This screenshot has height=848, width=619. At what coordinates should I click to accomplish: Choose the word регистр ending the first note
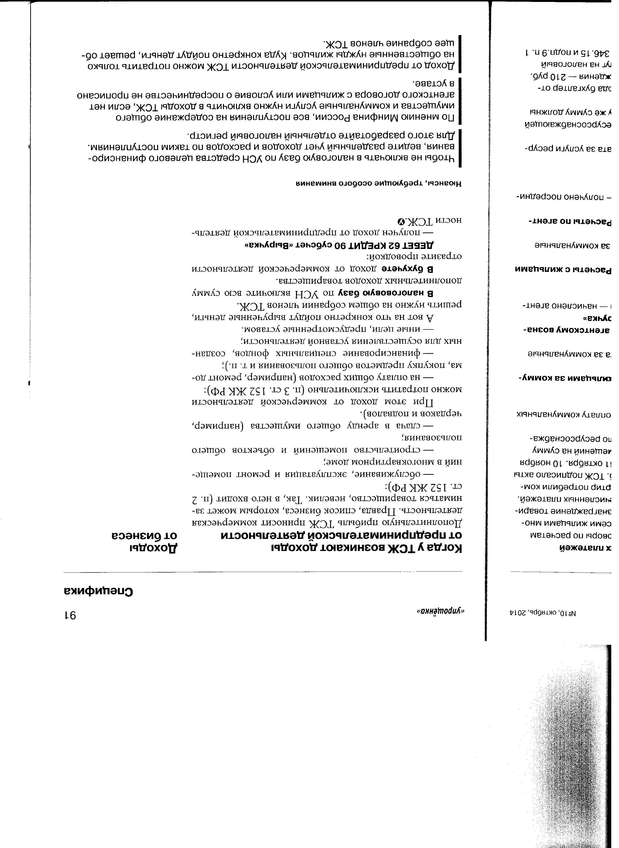coord(202,134)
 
